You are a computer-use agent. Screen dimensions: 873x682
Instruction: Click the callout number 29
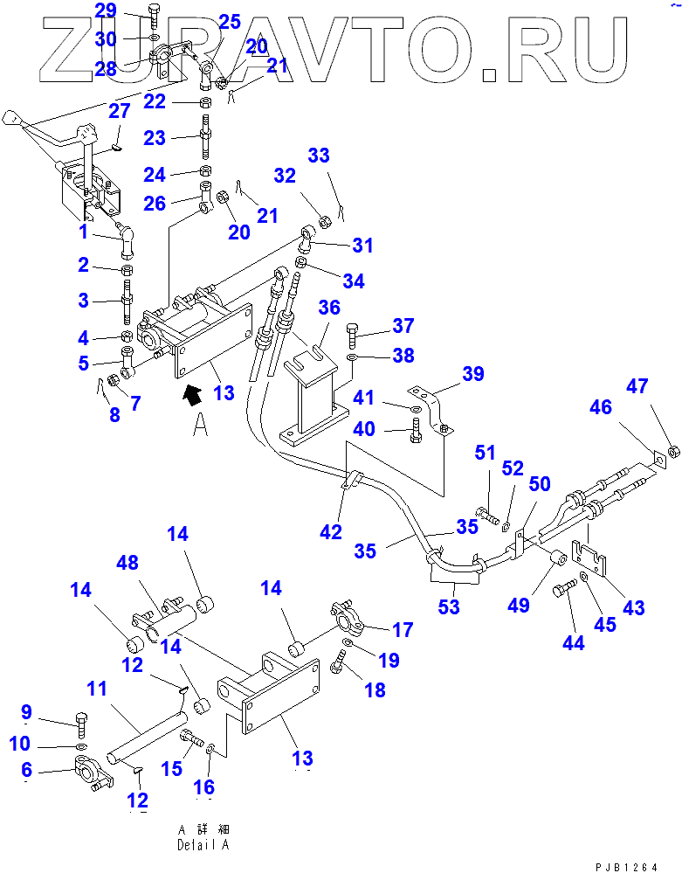(x=105, y=11)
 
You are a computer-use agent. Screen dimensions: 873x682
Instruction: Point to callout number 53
(x=448, y=606)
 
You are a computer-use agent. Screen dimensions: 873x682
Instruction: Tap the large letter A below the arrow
(x=200, y=425)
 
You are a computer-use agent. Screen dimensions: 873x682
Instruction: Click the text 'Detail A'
(x=203, y=845)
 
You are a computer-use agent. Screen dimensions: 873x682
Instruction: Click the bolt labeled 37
(x=353, y=335)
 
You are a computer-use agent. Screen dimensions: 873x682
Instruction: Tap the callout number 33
(x=319, y=156)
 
